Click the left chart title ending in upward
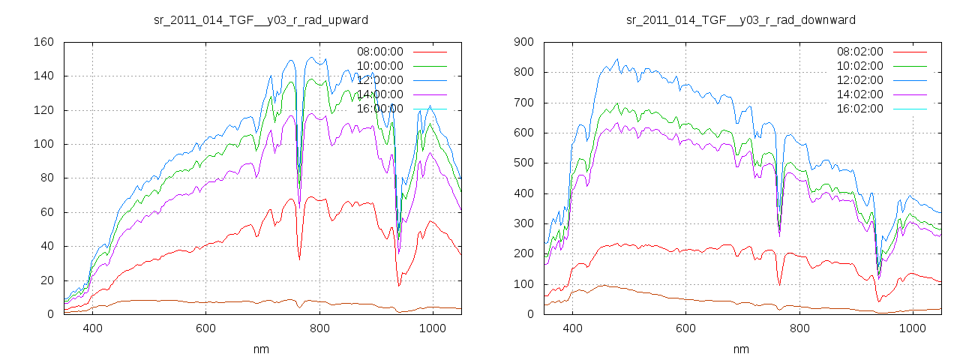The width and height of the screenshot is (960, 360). coord(260,19)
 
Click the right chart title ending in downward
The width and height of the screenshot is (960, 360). coord(741,19)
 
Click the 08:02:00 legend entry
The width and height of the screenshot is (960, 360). coord(859,52)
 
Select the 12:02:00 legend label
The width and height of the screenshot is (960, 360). coord(859,80)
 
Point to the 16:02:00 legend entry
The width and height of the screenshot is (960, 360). coord(859,109)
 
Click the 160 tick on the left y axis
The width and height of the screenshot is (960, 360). coord(43,42)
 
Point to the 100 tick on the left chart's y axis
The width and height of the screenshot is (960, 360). coord(43,144)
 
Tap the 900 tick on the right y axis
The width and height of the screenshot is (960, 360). coord(523,42)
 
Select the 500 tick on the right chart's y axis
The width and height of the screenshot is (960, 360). coord(523,163)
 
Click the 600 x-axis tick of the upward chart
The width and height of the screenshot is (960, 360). coord(206,328)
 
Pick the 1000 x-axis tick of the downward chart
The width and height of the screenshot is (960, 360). coord(913,328)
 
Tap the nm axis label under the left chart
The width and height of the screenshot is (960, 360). coord(261,349)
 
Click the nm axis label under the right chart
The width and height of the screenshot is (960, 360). coord(741,349)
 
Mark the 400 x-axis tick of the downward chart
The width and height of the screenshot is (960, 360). coord(573,328)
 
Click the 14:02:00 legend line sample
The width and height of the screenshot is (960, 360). coord(908,94)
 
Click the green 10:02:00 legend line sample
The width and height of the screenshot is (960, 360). coord(908,66)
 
